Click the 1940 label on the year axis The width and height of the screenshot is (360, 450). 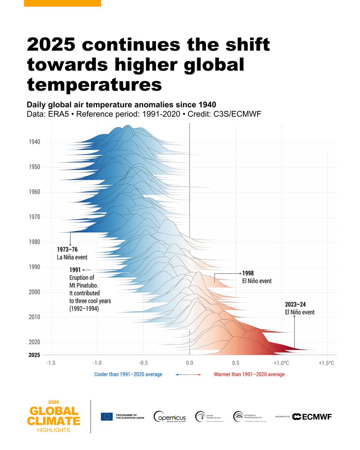[34, 142]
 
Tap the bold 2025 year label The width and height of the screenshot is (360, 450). [34, 355]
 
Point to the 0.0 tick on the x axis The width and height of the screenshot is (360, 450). [189, 363]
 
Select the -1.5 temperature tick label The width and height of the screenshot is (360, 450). [51, 363]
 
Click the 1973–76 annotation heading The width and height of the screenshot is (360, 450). [67, 249]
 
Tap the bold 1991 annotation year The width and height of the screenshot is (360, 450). [75, 270]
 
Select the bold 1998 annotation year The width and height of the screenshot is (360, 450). [248, 273]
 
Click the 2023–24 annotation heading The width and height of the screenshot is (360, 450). [295, 304]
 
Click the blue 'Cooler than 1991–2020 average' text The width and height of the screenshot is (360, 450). [128, 374]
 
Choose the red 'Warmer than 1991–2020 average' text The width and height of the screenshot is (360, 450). [249, 374]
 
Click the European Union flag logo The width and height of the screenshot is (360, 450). [107, 417]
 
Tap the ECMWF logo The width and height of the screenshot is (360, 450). [312, 417]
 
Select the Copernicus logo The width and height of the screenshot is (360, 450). [170, 417]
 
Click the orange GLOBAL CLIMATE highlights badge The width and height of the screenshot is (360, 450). [53, 416]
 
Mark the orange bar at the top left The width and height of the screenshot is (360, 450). [62, 3]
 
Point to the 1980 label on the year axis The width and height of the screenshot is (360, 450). [34, 242]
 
